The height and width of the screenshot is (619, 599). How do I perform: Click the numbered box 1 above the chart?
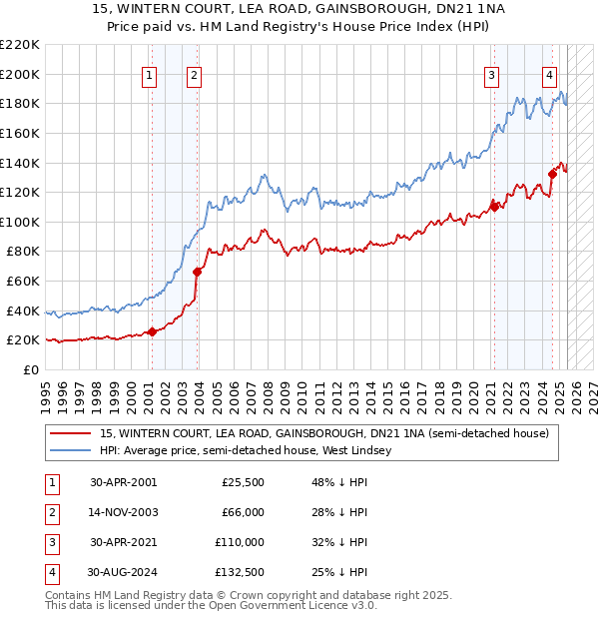click(x=149, y=73)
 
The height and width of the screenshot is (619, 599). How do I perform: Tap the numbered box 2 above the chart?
click(x=193, y=73)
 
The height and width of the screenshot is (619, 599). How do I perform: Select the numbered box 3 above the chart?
click(x=492, y=73)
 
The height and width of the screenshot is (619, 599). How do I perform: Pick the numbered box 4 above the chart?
click(x=550, y=73)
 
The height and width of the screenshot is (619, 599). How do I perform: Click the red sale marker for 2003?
click(x=197, y=272)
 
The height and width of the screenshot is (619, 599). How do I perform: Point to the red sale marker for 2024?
click(x=552, y=174)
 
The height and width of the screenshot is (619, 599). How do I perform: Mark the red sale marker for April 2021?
click(x=494, y=208)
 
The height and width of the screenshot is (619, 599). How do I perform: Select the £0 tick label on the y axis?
click(x=29, y=369)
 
